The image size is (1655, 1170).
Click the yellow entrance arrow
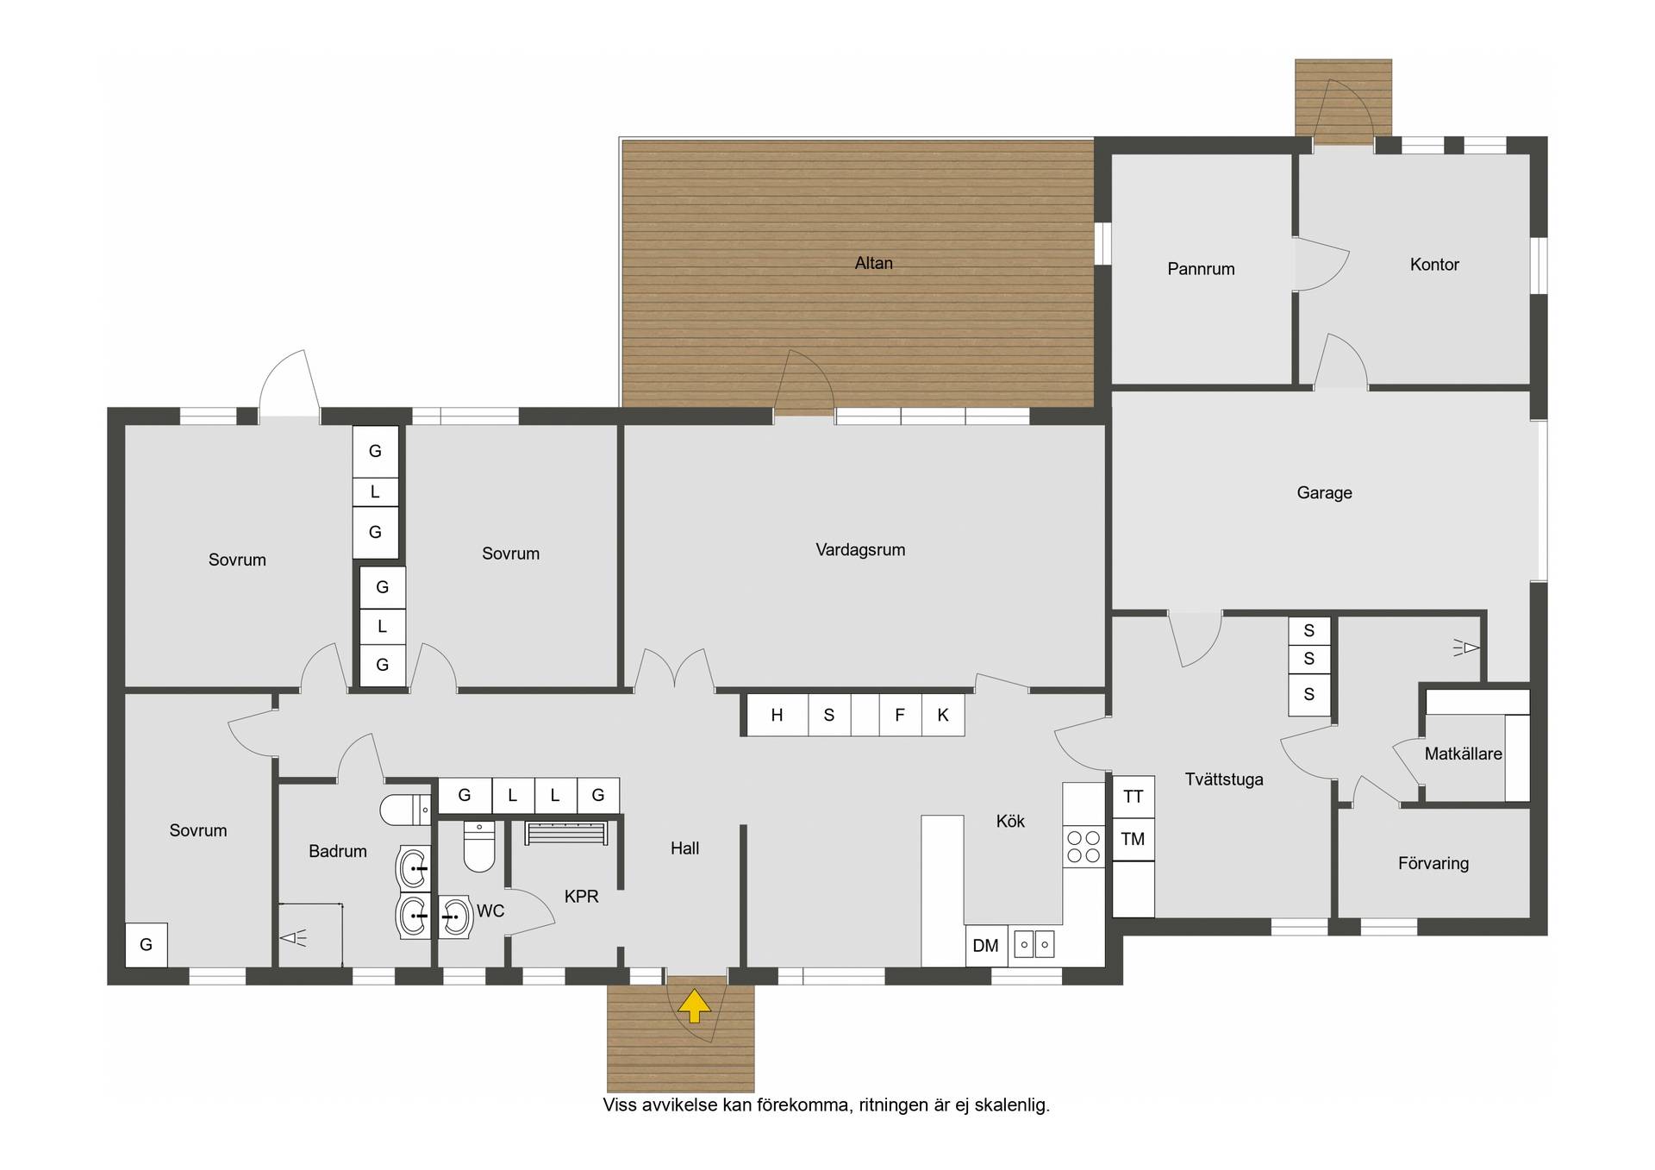(694, 1006)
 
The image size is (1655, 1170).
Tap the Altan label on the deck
(873, 263)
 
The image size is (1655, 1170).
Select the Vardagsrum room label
(860, 549)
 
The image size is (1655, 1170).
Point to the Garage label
(1324, 492)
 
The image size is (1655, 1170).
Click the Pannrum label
(1201, 269)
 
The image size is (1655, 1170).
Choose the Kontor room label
(1434, 265)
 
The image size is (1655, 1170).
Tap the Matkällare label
(1463, 754)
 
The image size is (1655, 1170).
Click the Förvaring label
(1433, 863)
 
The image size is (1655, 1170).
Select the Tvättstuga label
(1224, 779)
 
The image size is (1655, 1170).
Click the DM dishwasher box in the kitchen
(986, 946)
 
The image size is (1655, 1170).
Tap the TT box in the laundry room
(1134, 797)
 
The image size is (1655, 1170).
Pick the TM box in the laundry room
(1134, 839)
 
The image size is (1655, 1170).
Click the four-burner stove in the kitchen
(1084, 846)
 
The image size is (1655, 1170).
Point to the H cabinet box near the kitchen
(778, 714)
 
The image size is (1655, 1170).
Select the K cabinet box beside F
(943, 714)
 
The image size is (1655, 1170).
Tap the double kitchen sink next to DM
(1034, 944)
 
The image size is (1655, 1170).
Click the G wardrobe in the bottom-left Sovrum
(147, 944)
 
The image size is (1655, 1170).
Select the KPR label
(581, 897)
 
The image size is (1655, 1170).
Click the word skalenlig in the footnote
(1009, 1104)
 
